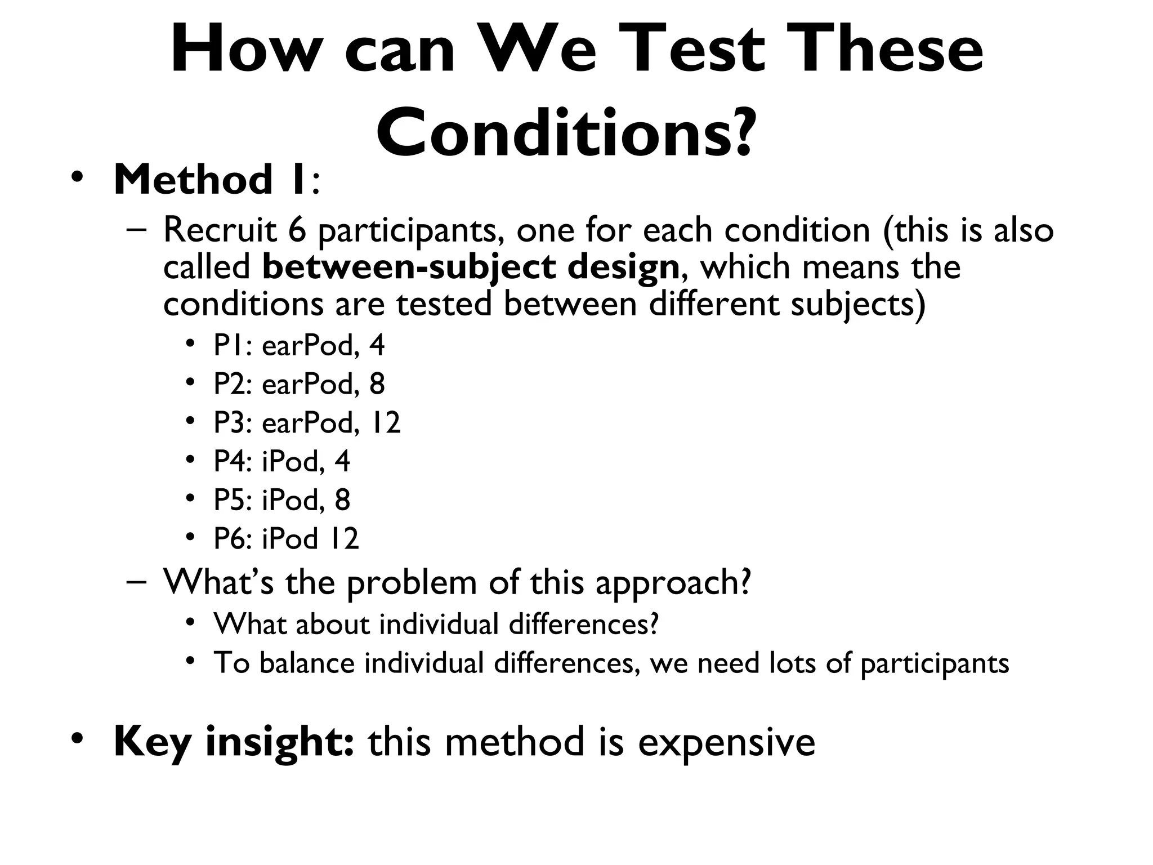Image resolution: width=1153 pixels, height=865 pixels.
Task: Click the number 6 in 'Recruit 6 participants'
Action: [x=296, y=230]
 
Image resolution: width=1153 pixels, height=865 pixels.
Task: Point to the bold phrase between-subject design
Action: [x=471, y=267]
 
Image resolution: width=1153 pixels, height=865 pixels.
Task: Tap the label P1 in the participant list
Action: [x=228, y=345]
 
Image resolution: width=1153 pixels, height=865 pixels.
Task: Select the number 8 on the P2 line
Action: [x=377, y=384]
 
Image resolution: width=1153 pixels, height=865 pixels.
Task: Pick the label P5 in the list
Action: [x=229, y=500]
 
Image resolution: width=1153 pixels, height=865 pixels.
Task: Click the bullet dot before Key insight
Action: [x=78, y=738]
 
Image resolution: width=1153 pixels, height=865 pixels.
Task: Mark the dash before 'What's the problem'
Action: [x=136, y=581]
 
